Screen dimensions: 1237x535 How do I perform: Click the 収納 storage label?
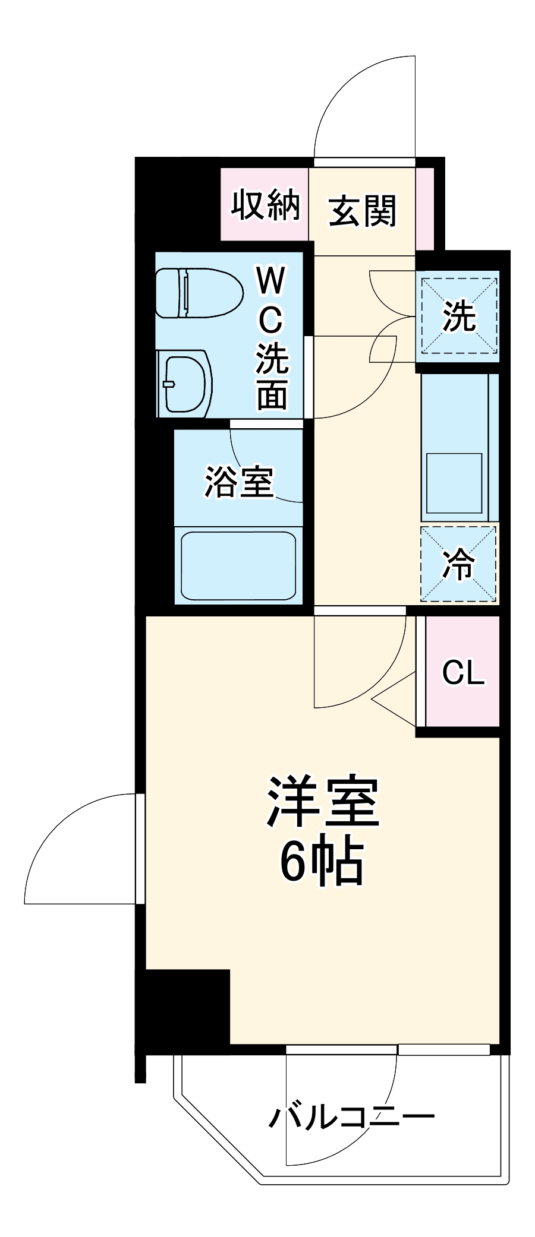coord(265,205)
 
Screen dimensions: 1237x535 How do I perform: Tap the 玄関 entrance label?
coord(362,211)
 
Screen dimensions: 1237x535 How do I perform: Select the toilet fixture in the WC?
coord(199,293)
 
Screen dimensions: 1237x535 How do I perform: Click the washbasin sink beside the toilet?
coord(184,384)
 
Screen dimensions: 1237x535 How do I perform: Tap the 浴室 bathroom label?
coord(239,482)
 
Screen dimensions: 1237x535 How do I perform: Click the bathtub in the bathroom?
coord(238,566)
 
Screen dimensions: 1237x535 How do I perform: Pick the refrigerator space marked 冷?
coord(458,564)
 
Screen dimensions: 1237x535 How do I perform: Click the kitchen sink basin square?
coord(454,483)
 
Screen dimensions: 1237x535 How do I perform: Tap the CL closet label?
coord(463,672)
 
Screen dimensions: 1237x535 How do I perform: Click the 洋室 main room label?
coord(323,802)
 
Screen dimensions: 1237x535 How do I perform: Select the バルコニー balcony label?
coord(352,1117)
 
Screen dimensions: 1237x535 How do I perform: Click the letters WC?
coord(270,300)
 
